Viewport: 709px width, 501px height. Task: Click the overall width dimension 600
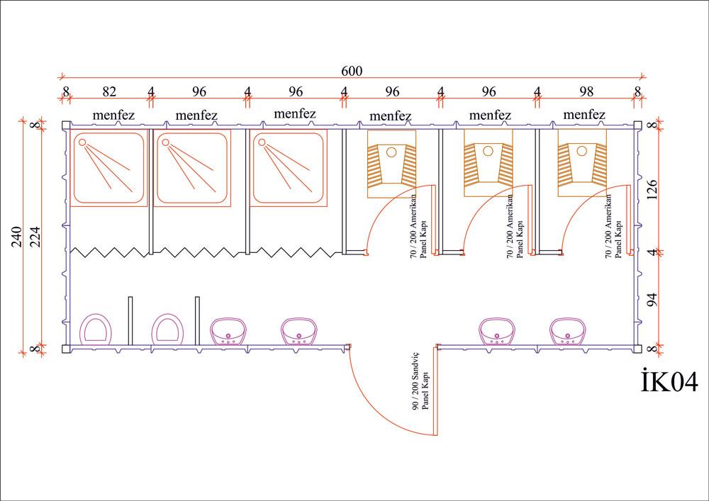pos(352,71)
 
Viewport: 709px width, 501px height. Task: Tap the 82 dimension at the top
pos(108,91)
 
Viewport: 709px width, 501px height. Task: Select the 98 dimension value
pos(587,91)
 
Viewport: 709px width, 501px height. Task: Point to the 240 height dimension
pos(16,237)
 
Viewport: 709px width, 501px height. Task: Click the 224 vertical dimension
pos(36,237)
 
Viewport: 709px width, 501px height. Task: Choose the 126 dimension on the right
pos(653,190)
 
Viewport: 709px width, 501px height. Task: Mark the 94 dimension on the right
pos(653,299)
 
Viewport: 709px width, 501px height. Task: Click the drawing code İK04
pos(669,382)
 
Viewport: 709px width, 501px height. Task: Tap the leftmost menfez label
pos(113,115)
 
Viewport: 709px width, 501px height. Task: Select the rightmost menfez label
pos(584,115)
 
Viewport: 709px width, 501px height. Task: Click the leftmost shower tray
pos(108,168)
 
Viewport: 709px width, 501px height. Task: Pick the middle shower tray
pos(192,168)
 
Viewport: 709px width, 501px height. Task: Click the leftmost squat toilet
pos(391,164)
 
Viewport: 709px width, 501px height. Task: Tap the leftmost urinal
pos(96,329)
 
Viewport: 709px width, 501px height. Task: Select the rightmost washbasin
pos(567,332)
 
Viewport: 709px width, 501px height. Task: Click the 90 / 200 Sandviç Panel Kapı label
pos(420,405)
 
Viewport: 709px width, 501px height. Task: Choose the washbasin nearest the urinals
pos(228,332)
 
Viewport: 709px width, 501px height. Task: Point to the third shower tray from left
pos(289,168)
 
